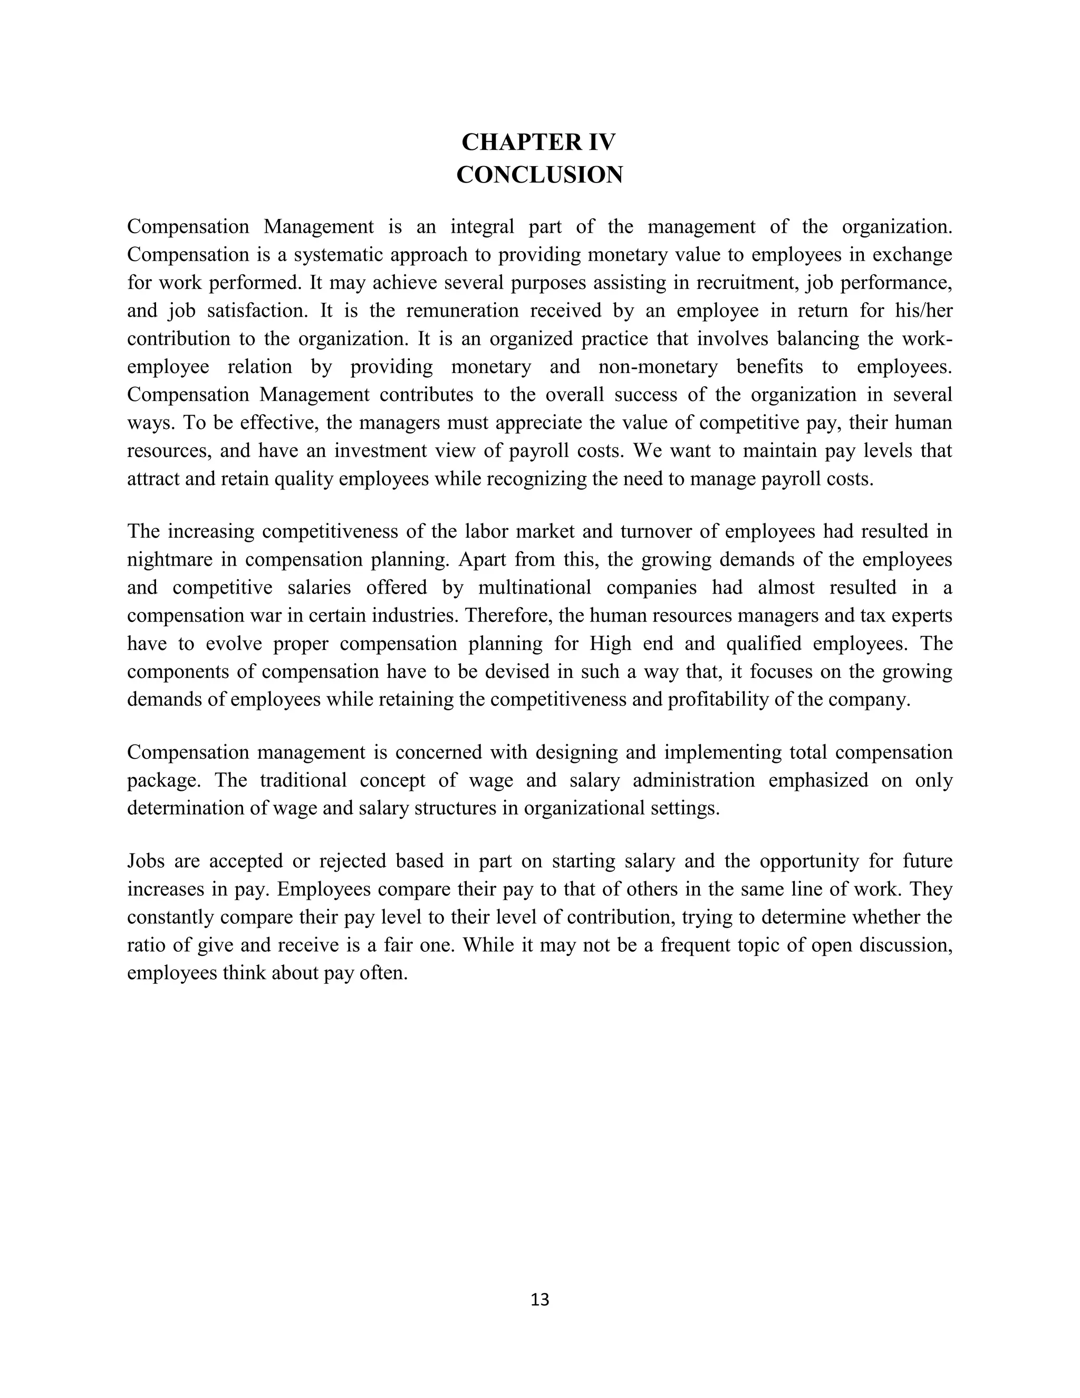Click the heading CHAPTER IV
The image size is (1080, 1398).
(539, 142)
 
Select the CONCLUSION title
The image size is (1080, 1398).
(539, 175)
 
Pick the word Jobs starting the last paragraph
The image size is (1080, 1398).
(146, 861)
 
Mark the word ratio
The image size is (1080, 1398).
(147, 945)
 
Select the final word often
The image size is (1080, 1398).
(387, 973)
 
